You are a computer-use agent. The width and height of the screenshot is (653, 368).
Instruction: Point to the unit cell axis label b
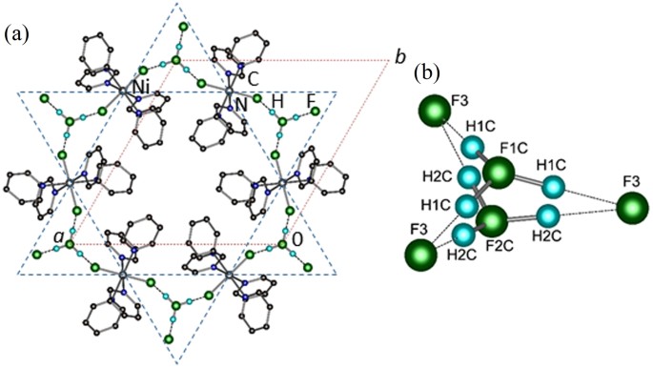click(399, 59)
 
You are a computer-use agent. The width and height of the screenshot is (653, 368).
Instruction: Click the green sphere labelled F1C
click(498, 174)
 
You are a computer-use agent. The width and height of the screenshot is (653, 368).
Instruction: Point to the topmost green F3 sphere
click(436, 112)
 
